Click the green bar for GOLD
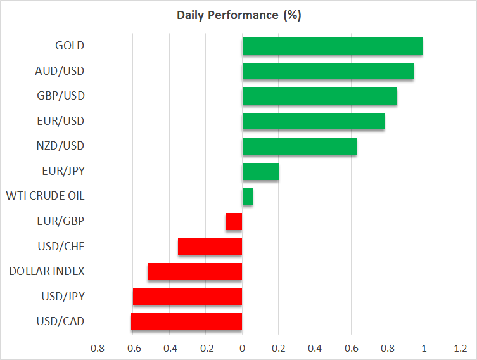click(x=332, y=46)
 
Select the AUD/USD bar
click(x=328, y=71)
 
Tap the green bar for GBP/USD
click(x=319, y=96)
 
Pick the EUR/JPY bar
click(x=260, y=171)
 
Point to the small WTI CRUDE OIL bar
click(x=248, y=196)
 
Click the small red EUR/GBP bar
click(x=234, y=221)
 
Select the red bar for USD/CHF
click(x=210, y=246)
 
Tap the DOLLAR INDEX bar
click(x=195, y=271)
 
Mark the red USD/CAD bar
click(x=187, y=321)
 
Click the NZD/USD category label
click(x=60, y=146)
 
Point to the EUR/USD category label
click(x=60, y=120)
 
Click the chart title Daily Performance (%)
click(x=238, y=15)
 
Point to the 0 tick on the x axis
click(x=242, y=348)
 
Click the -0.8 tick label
click(x=96, y=348)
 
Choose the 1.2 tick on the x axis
click(x=461, y=348)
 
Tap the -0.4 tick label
click(x=169, y=348)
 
